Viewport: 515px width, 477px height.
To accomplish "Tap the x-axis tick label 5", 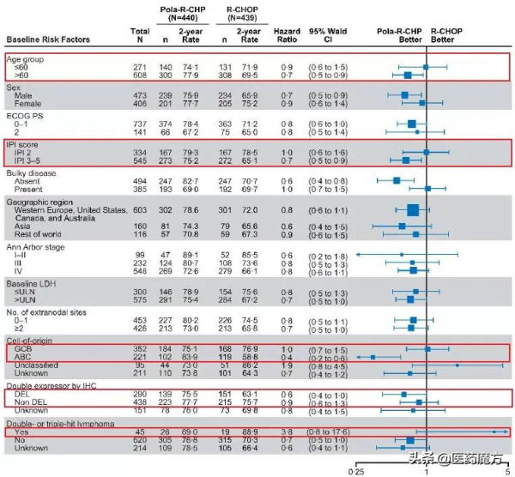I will (508, 471).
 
